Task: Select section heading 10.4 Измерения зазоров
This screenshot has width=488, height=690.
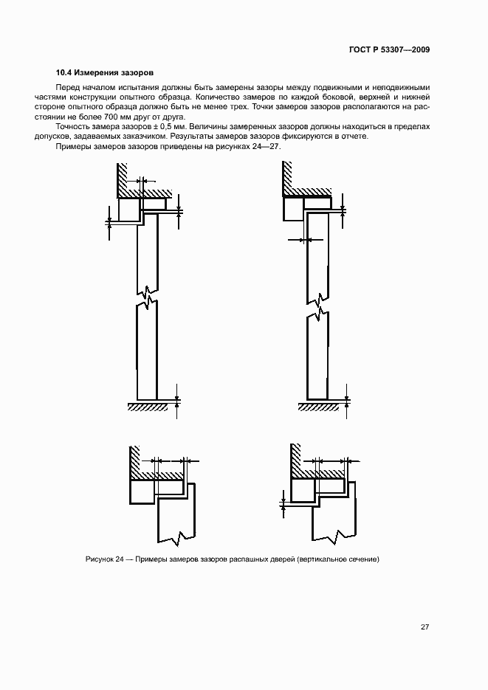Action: pyautogui.click(x=104, y=73)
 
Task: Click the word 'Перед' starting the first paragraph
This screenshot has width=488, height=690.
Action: pyautogui.click(x=68, y=88)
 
